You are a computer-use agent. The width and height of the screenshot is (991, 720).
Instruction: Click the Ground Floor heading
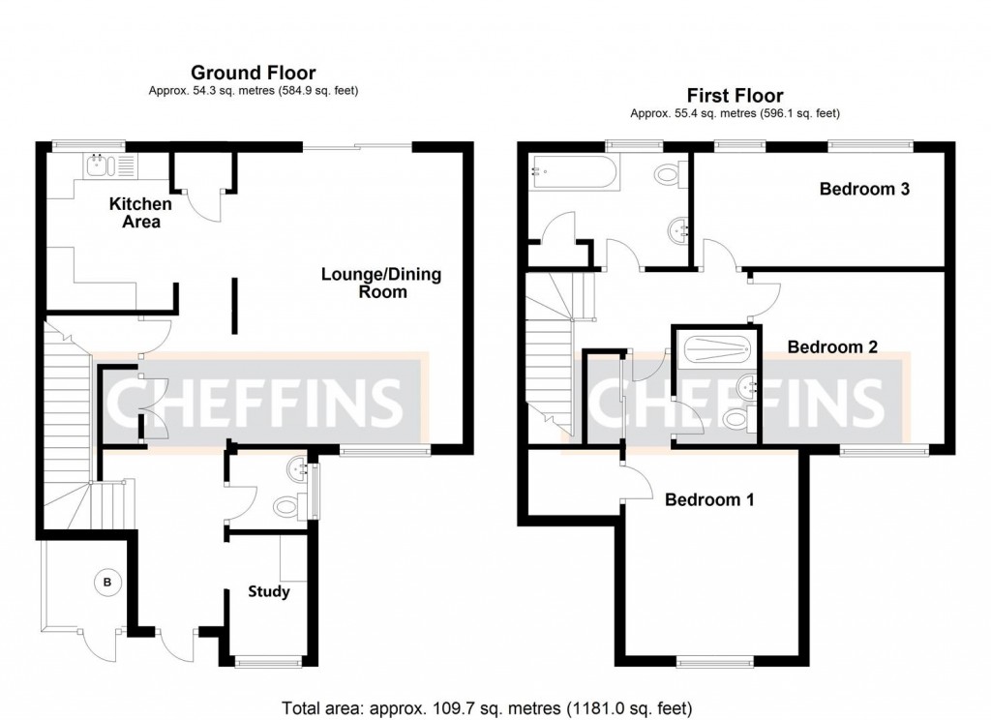[253, 72]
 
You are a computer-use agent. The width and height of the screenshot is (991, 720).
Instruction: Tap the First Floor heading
[735, 95]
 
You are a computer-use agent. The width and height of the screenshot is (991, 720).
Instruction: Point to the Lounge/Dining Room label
[381, 283]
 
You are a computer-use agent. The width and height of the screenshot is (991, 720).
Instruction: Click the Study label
[268, 591]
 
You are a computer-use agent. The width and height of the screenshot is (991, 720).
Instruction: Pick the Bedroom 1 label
[709, 500]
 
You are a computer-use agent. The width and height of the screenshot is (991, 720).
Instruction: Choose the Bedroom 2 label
[832, 346]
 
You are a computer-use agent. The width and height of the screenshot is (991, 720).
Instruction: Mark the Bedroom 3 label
[864, 189]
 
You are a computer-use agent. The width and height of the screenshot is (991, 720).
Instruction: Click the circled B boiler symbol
[107, 583]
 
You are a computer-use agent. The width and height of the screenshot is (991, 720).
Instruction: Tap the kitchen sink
[102, 165]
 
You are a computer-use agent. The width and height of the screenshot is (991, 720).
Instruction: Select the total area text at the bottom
[487, 707]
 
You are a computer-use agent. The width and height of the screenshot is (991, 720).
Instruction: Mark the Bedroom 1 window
[715, 662]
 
